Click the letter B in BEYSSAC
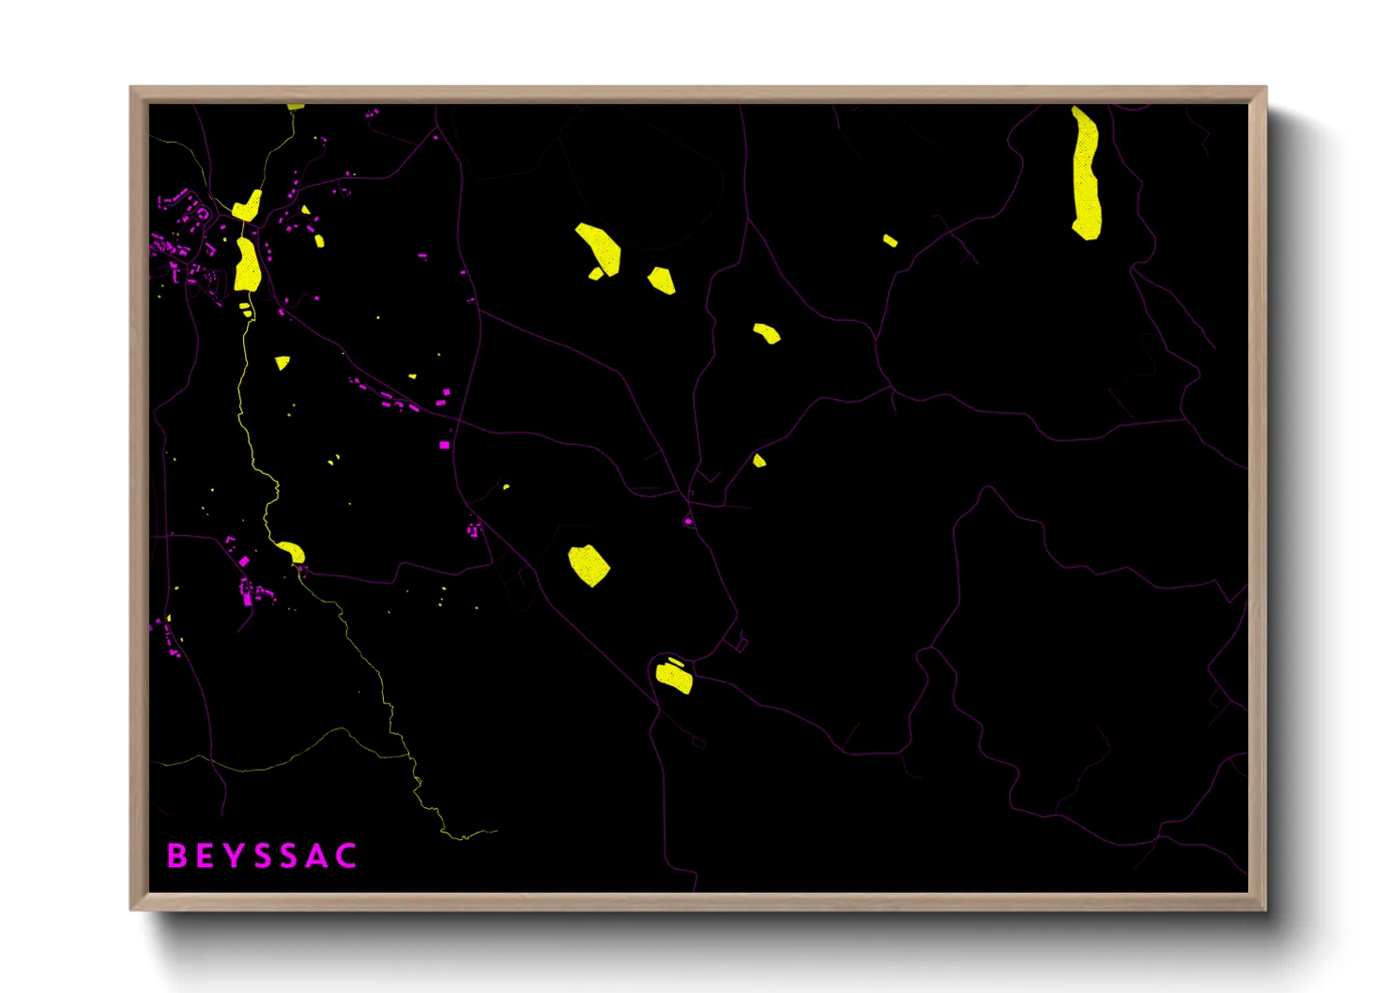click(176, 856)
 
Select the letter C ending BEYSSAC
click(346, 856)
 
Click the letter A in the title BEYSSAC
click(317, 856)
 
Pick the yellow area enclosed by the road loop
click(674, 676)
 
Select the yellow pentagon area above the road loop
click(588, 565)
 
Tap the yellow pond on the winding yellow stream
click(291, 552)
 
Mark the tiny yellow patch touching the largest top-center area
click(595, 274)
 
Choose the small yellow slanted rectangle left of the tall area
click(890, 241)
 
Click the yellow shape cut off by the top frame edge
click(295, 107)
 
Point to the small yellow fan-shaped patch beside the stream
click(282, 362)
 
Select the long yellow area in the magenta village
click(247, 265)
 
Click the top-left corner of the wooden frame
click(131, 88)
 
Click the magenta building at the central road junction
click(688, 521)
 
